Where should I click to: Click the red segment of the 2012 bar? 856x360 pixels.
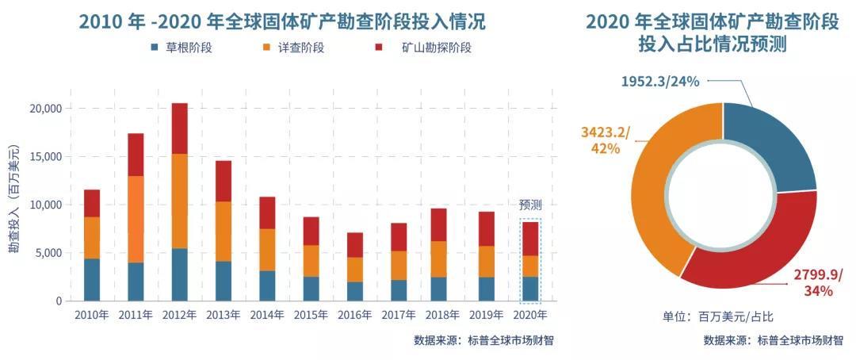[180, 128]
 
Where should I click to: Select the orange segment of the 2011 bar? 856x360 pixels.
[136, 219]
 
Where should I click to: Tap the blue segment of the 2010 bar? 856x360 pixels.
[92, 280]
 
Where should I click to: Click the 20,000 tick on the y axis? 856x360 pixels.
[47, 108]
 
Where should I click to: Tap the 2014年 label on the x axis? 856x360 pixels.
[267, 315]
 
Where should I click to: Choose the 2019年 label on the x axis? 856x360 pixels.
[486, 315]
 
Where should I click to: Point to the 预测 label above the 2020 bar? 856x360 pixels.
[530, 205]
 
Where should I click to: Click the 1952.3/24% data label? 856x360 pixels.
[660, 81]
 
